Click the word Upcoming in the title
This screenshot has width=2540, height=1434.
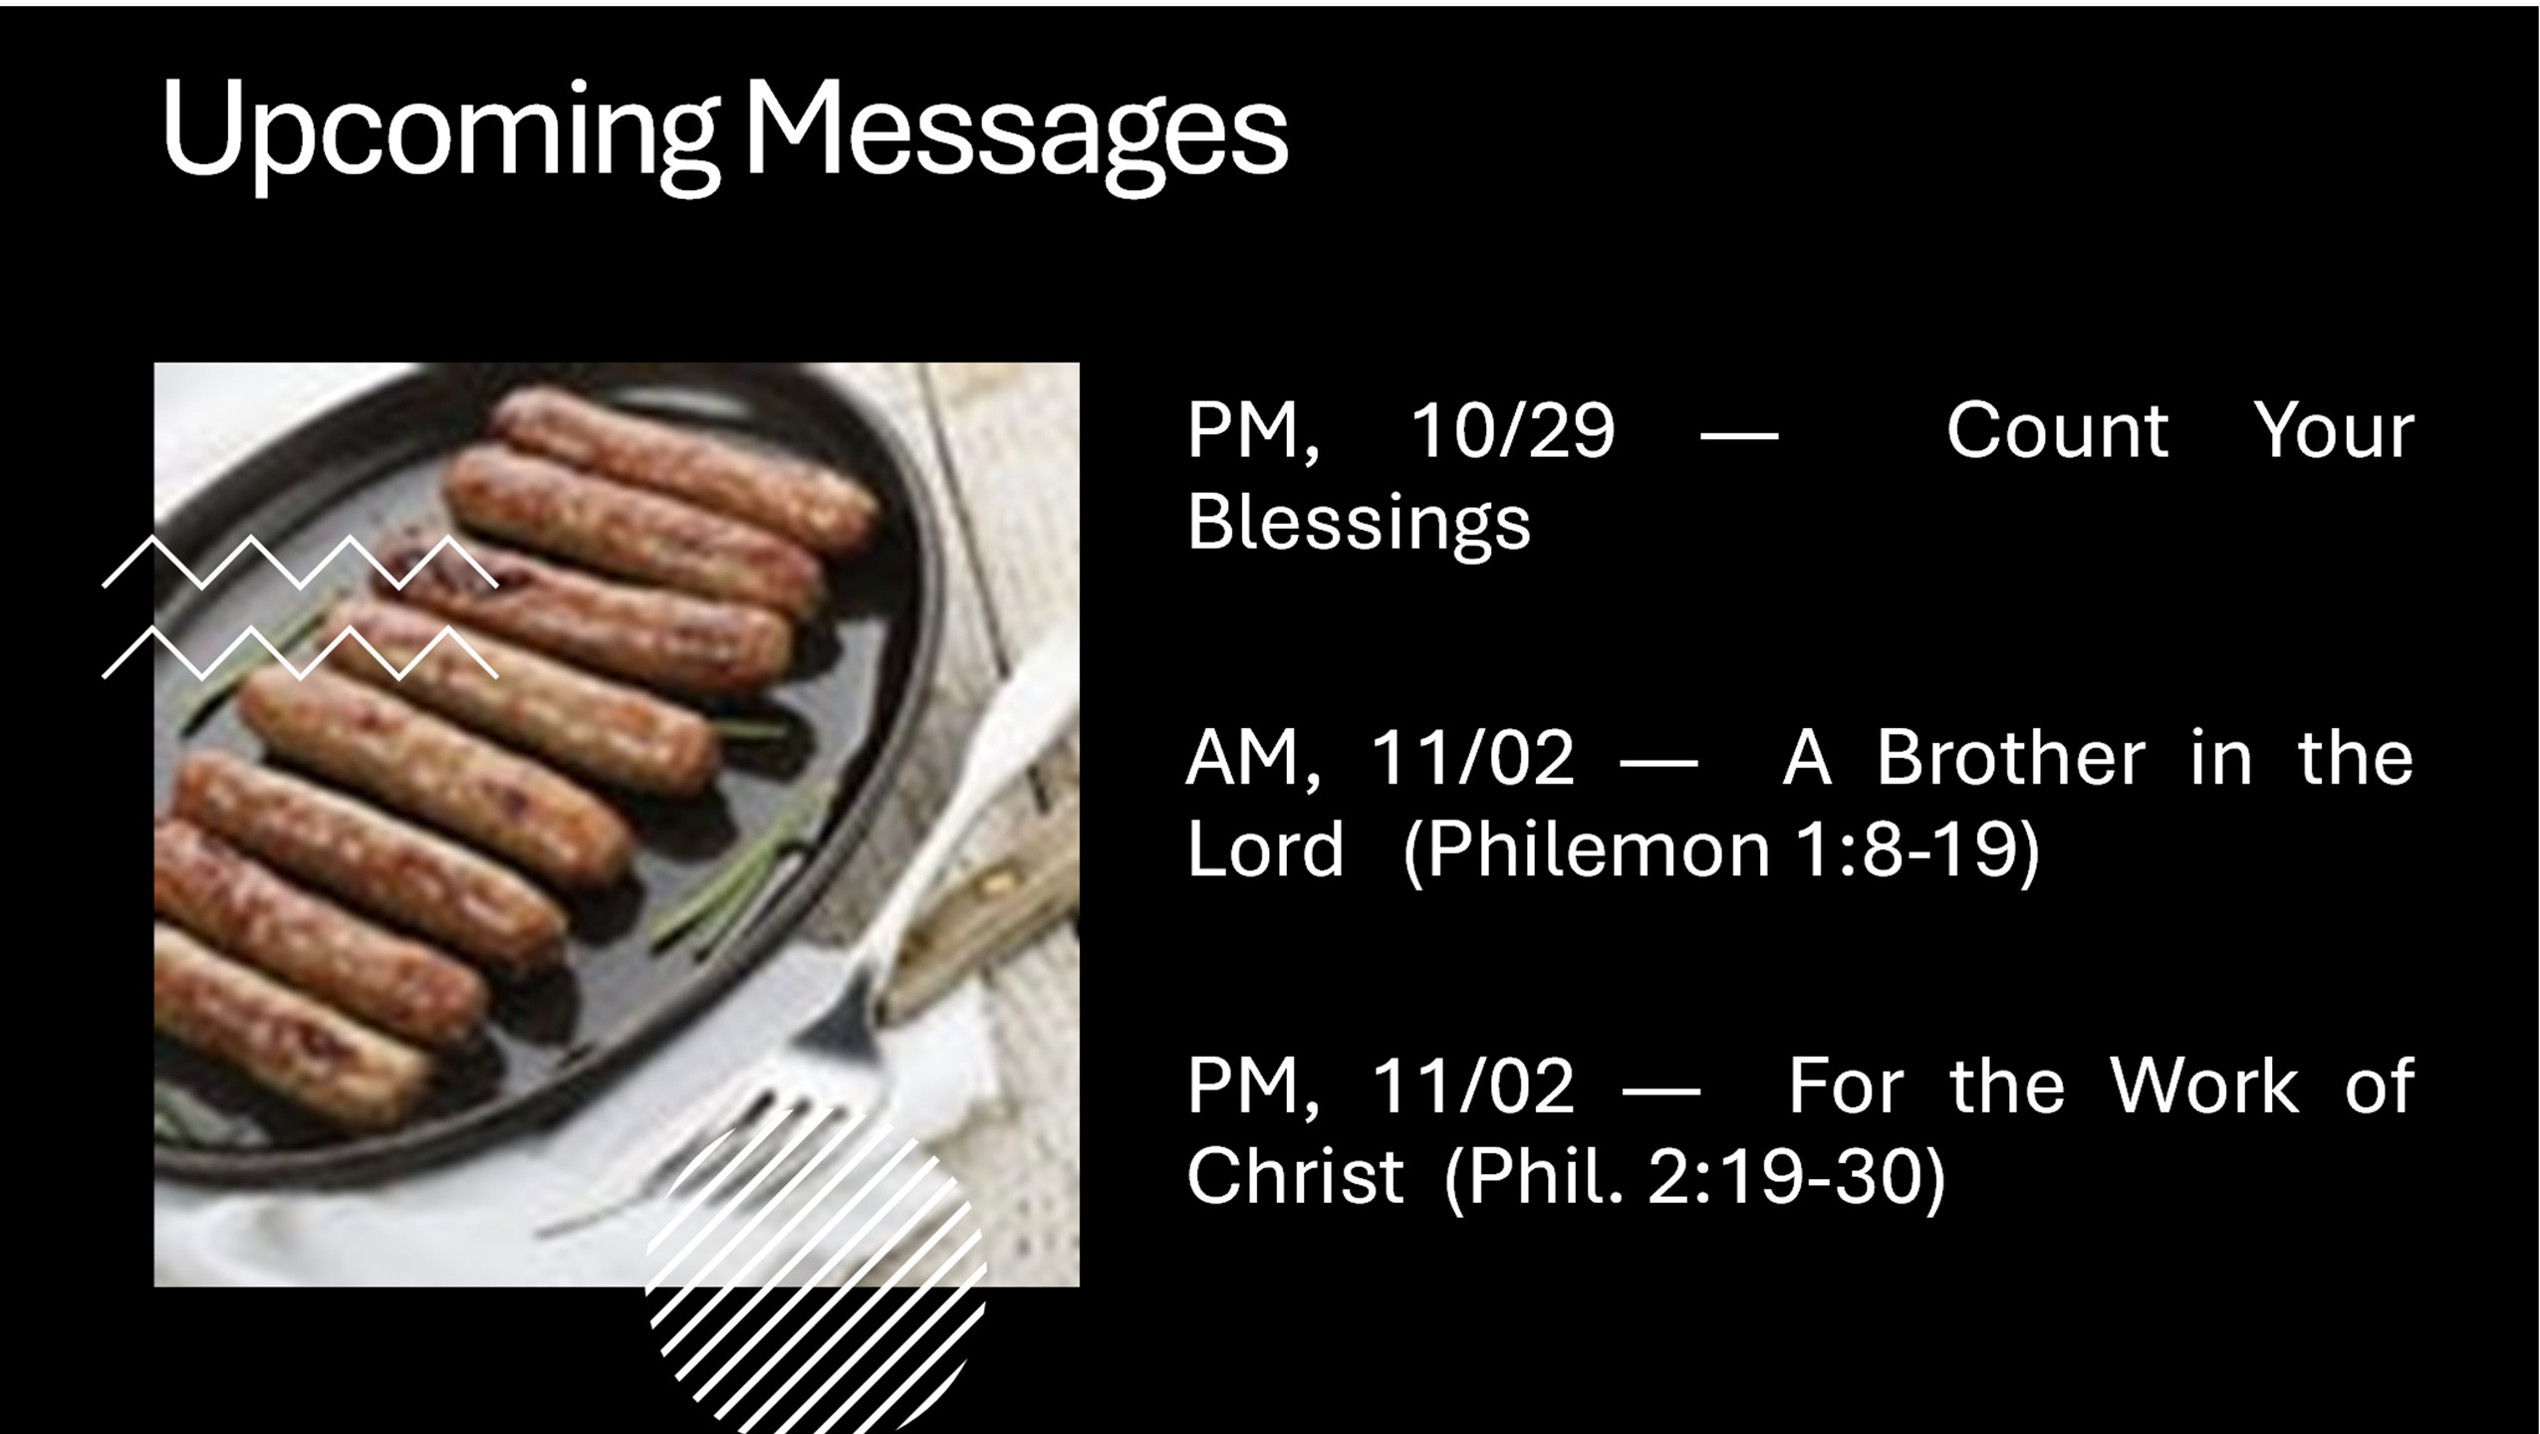point(439,133)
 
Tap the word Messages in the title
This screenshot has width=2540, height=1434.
point(1015,133)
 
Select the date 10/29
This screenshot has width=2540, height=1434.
point(1512,431)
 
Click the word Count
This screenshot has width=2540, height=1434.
point(2057,431)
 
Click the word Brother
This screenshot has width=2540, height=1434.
point(2010,758)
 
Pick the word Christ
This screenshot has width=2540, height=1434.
point(1295,1176)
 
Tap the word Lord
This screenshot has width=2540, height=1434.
point(1265,849)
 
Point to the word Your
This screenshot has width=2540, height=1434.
point(2334,431)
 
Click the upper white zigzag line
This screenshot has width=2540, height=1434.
point(300,563)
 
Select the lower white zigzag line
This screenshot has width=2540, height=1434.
point(300,653)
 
